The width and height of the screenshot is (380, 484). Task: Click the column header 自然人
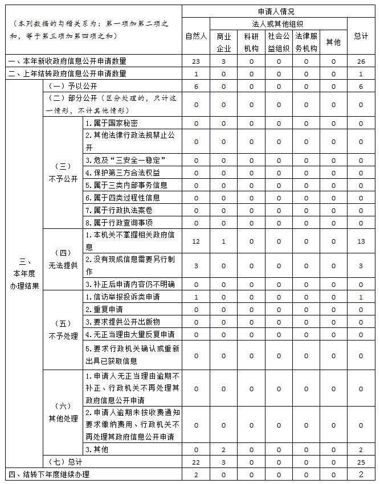(x=196, y=36)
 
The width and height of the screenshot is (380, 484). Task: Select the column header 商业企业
(x=223, y=42)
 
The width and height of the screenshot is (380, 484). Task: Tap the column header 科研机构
(x=251, y=42)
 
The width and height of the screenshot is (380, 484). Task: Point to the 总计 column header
(x=361, y=36)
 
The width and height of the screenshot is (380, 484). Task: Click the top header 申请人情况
(x=279, y=11)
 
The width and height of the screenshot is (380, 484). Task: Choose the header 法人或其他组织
(x=278, y=24)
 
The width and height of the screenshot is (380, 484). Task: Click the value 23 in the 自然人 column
(x=196, y=61)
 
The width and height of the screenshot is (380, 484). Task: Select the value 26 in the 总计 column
(x=361, y=61)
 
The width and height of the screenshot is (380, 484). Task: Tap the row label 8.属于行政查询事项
(x=119, y=223)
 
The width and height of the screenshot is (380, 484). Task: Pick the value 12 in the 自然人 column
(x=196, y=241)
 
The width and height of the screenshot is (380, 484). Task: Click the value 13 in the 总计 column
(x=361, y=241)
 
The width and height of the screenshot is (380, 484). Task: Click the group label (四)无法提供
(x=63, y=259)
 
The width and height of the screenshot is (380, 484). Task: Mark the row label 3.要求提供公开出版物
(x=122, y=322)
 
